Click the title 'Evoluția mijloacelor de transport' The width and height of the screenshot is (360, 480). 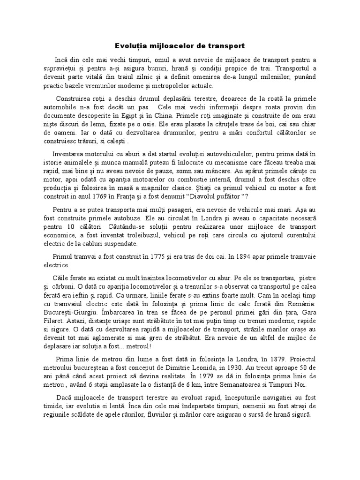[180, 46]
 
